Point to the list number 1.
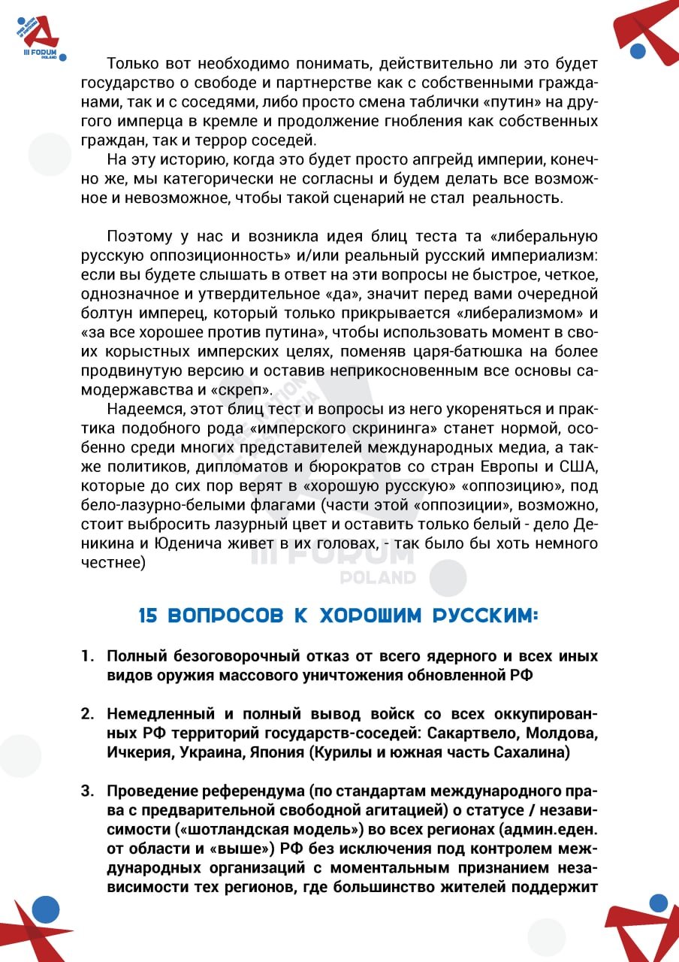pyautogui.click(x=87, y=656)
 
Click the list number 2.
pyautogui.click(x=87, y=713)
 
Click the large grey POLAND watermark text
pyautogui.click(x=378, y=577)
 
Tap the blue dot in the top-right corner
pyautogui.click(x=638, y=51)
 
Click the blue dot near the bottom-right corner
pyautogui.click(x=658, y=903)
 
